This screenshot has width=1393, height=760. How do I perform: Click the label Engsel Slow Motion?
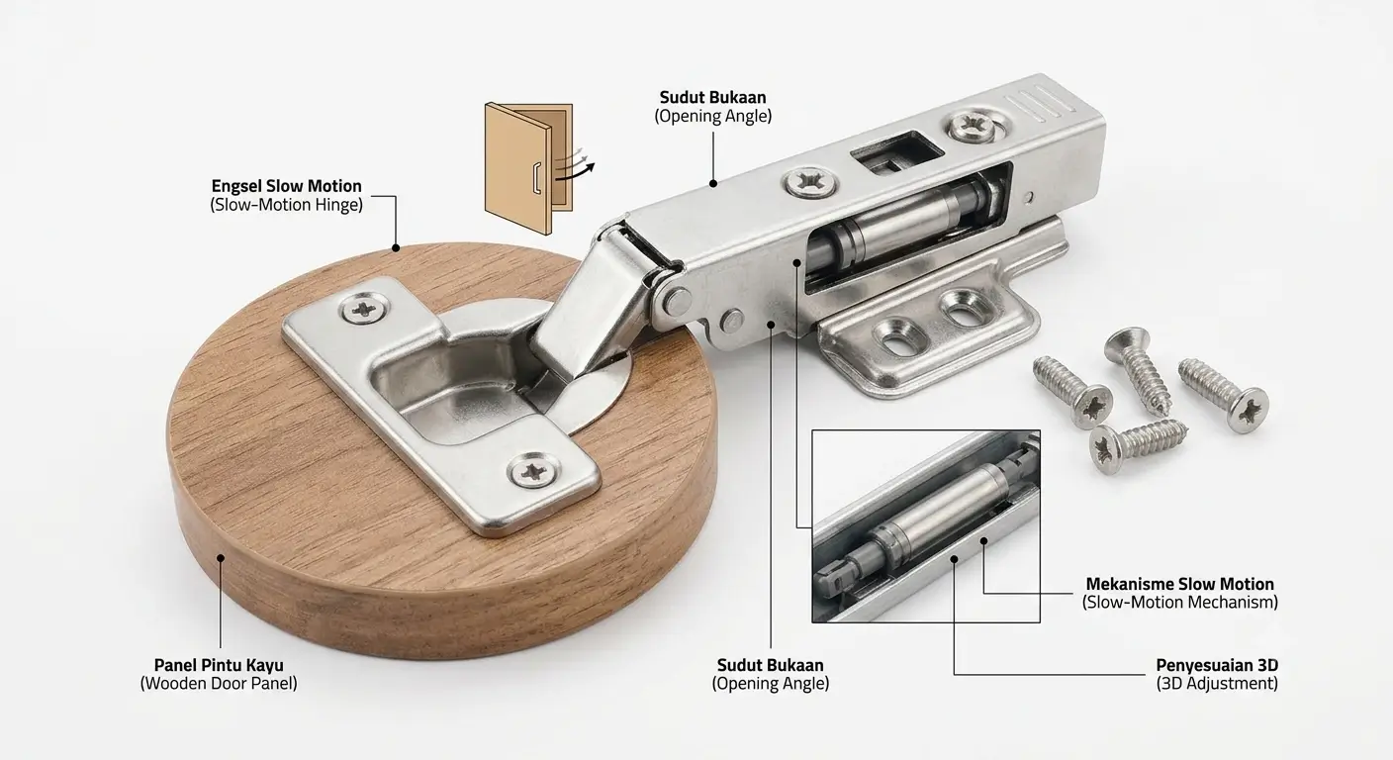[x=286, y=186]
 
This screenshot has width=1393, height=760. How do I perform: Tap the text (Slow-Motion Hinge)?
[x=286, y=205]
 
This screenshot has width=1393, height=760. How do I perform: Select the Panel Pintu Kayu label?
[x=219, y=665]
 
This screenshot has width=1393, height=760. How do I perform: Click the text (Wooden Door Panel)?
[x=219, y=684]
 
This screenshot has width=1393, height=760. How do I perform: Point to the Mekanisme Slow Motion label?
[x=1179, y=584]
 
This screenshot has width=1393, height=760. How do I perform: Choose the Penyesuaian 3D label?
[x=1217, y=665]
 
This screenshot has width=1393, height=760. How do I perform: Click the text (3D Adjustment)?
[x=1217, y=684]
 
